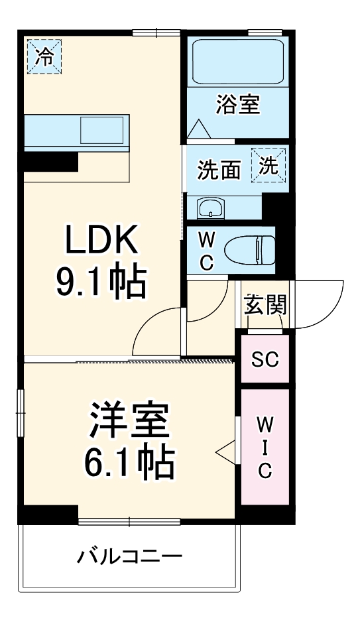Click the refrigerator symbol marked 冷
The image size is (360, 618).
pyautogui.click(x=44, y=55)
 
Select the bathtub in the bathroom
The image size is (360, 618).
pyautogui.click(x=237, y=61)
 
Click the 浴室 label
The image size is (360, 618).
pyautogui.click(x=237, y=104)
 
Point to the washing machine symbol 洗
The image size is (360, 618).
pyautogui.click(x=269, y=165)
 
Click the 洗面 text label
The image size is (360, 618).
pyautogui.click(x=218, y=170)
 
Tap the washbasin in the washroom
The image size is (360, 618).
pyautogui.click(x=211, y=208)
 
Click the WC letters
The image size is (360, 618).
pyautogui.click(x=206, y=250)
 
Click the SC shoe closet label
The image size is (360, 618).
pyautogui.click(x=265, y=359)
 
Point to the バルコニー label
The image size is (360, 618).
pyautogui.click(x=129, y=556)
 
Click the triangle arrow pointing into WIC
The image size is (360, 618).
pyautogui.click(x=225, y=450)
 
